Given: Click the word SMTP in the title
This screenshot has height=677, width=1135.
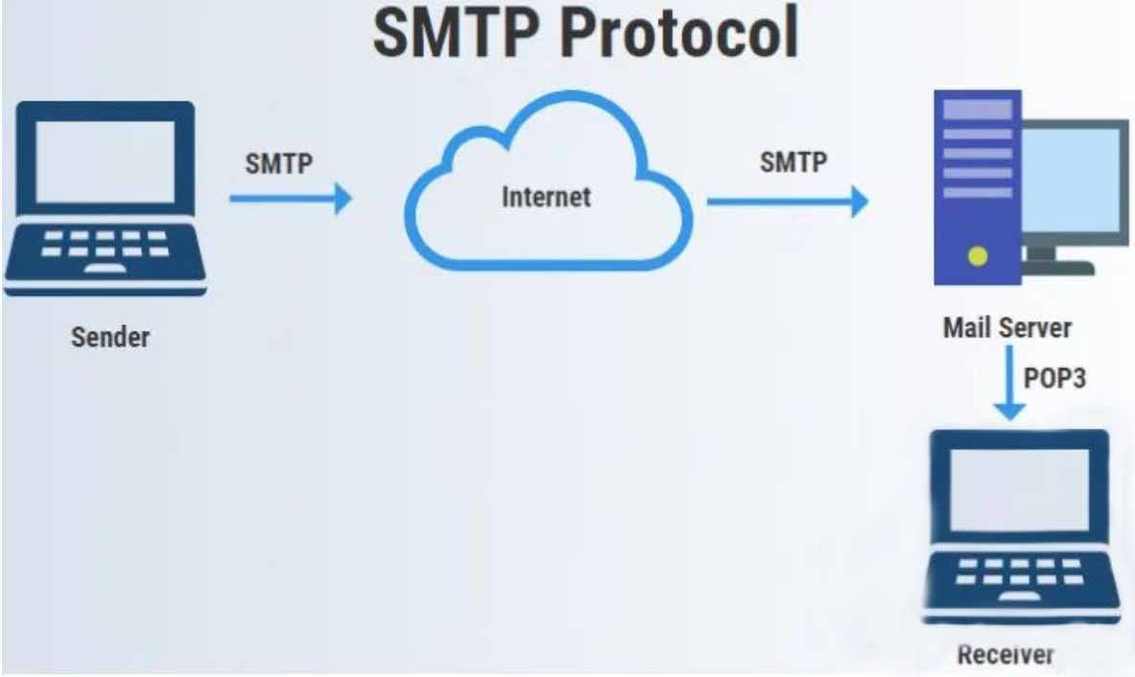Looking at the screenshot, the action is (x=455, y=34).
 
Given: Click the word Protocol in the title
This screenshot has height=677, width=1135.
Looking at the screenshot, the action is (x=679, y=34).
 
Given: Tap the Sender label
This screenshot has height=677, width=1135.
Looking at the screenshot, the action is (x=110, y=338).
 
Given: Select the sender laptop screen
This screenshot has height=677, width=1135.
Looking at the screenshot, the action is (x=105, y=161).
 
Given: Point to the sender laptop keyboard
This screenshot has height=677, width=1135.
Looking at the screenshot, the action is (x=105, y=245).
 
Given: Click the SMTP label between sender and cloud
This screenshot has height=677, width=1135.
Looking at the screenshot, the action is (x=279, y=164).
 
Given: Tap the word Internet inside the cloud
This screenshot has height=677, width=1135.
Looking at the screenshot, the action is (x=546, y=197).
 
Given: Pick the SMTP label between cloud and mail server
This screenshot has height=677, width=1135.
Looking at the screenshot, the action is (x=794, y=162).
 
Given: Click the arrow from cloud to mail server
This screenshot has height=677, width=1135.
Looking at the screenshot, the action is (x=788, y=201).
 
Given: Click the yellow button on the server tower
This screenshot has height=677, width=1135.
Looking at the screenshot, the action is (x=978, y=256).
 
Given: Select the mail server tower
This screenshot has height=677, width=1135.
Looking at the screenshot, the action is (x=978, y=188).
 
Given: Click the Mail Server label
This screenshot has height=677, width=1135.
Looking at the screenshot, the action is (x=1007, y=328).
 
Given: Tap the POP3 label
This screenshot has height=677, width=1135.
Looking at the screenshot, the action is (x=1054, y=378).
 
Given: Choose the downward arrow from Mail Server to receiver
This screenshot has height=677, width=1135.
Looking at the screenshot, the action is (x=1009, y=383).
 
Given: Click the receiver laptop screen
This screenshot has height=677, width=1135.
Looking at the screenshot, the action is (x=1019, y=489).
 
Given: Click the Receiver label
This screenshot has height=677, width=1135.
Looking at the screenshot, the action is (x=1006, y=655).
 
